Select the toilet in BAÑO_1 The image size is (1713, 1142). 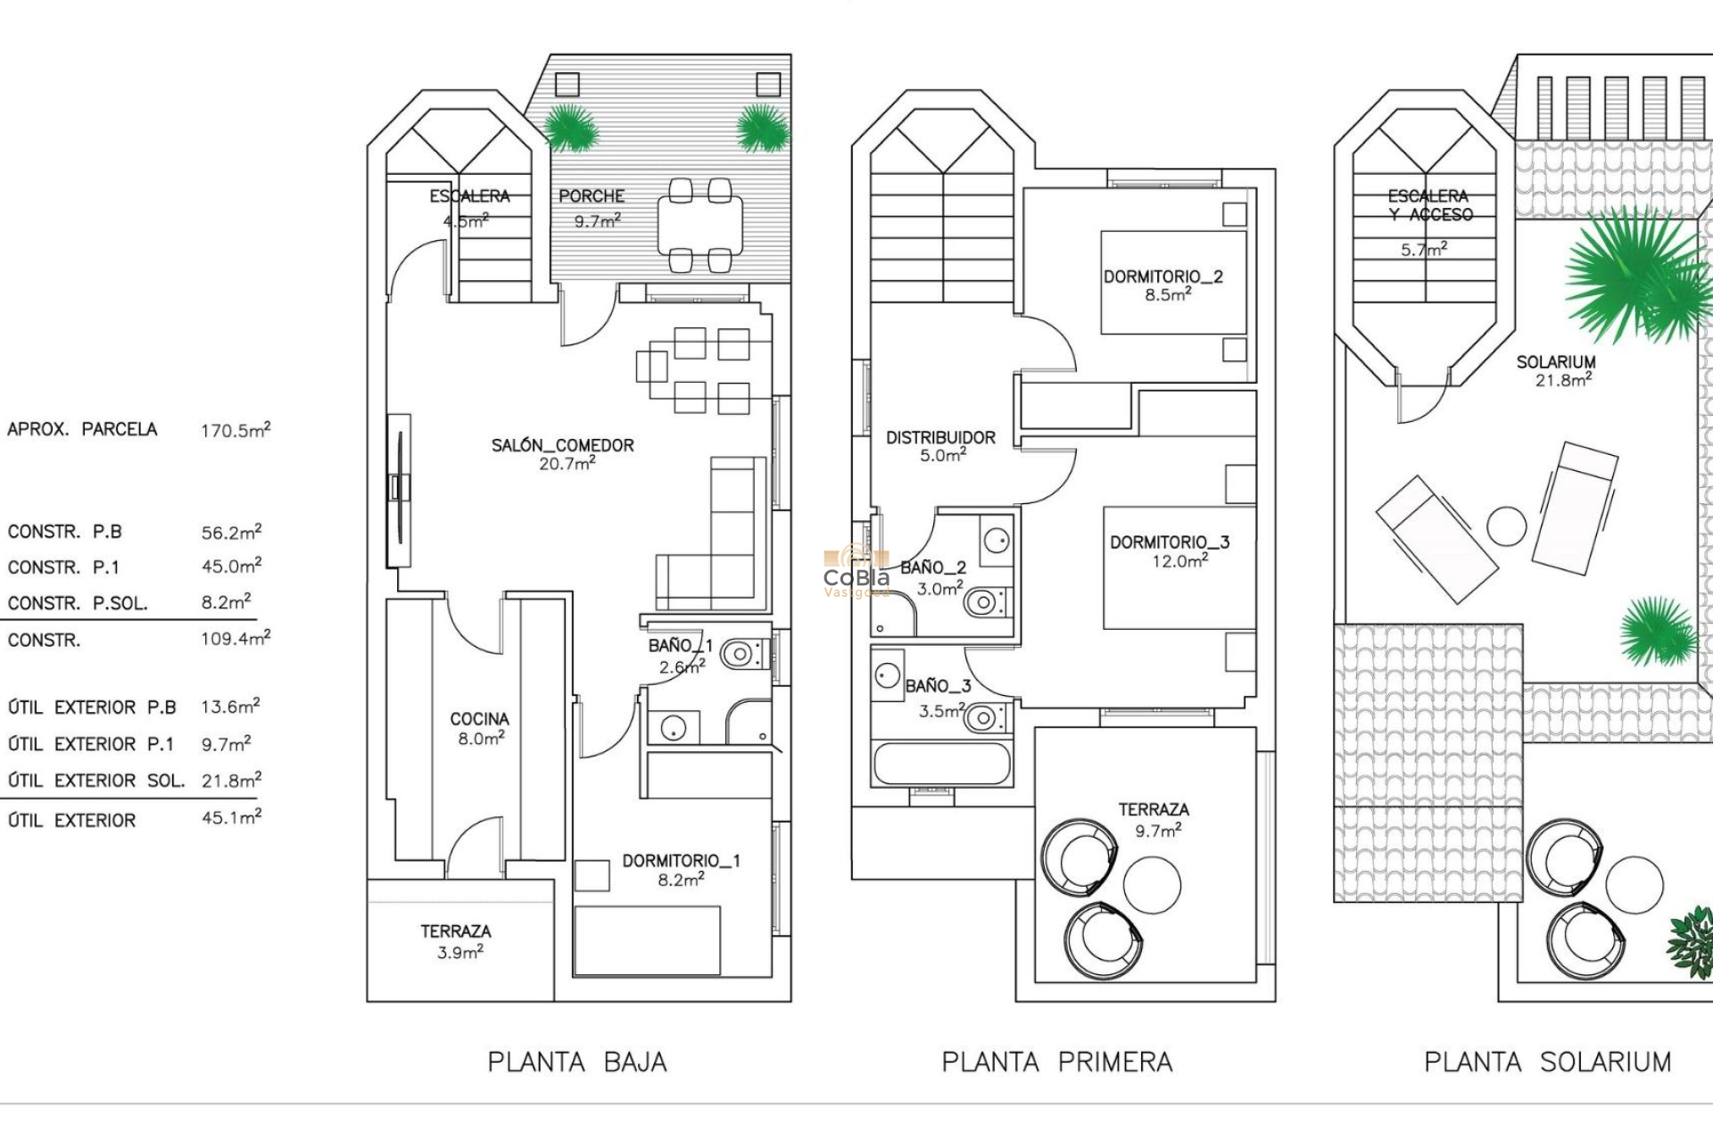pos(741,655)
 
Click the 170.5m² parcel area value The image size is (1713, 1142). pos(236,430)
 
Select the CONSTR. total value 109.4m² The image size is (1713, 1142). pos(236,639)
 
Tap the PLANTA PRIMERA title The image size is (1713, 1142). pos(1057,1062)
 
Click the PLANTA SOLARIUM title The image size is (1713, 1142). pos(1548,1062)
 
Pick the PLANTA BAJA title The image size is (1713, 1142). pos(577,1062)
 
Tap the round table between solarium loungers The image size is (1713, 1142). pos(1507,525)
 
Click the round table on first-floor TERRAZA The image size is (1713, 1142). pos(1152,885)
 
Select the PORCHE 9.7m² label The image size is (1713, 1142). pos(592,207)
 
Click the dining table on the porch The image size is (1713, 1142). pos(700,225)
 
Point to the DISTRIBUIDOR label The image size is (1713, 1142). pos(940,445)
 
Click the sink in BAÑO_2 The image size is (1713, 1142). pos(997,540)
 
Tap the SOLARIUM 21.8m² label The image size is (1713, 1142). pos(1556,370)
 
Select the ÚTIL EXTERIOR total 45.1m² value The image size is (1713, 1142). pos(231,817)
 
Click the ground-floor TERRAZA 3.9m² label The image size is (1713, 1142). pos(456,941)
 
